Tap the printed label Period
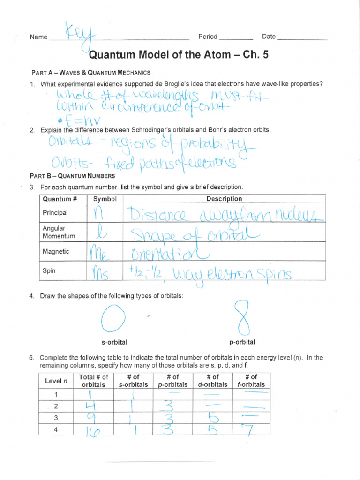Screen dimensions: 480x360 point(208,37)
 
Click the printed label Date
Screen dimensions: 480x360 point(269,37)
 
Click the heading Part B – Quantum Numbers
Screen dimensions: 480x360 point(73,176)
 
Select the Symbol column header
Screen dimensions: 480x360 point(105,199)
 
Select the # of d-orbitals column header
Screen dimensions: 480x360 point(212,380)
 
